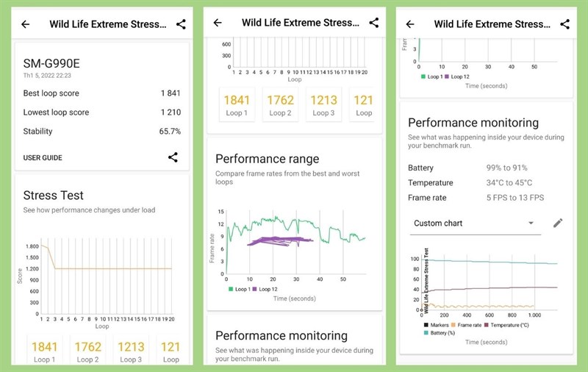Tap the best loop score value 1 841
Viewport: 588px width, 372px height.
point(171,93)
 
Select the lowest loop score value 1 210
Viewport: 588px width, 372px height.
point(171,112)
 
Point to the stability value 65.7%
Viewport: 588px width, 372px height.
point(170,132)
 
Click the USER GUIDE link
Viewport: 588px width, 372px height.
point(43,157)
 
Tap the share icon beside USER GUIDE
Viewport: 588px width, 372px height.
point(173,157)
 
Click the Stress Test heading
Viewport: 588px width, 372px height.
point(53,196)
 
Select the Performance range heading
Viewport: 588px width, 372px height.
point(267,159)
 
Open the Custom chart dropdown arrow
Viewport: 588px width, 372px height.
point(531,223)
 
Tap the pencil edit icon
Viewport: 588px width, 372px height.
point(558,223)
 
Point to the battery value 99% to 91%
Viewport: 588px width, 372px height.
point(506,168)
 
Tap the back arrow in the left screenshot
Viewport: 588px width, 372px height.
point(26,24)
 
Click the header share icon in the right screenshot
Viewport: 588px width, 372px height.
point(565,24)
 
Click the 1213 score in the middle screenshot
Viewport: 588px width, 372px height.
point(323,101)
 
